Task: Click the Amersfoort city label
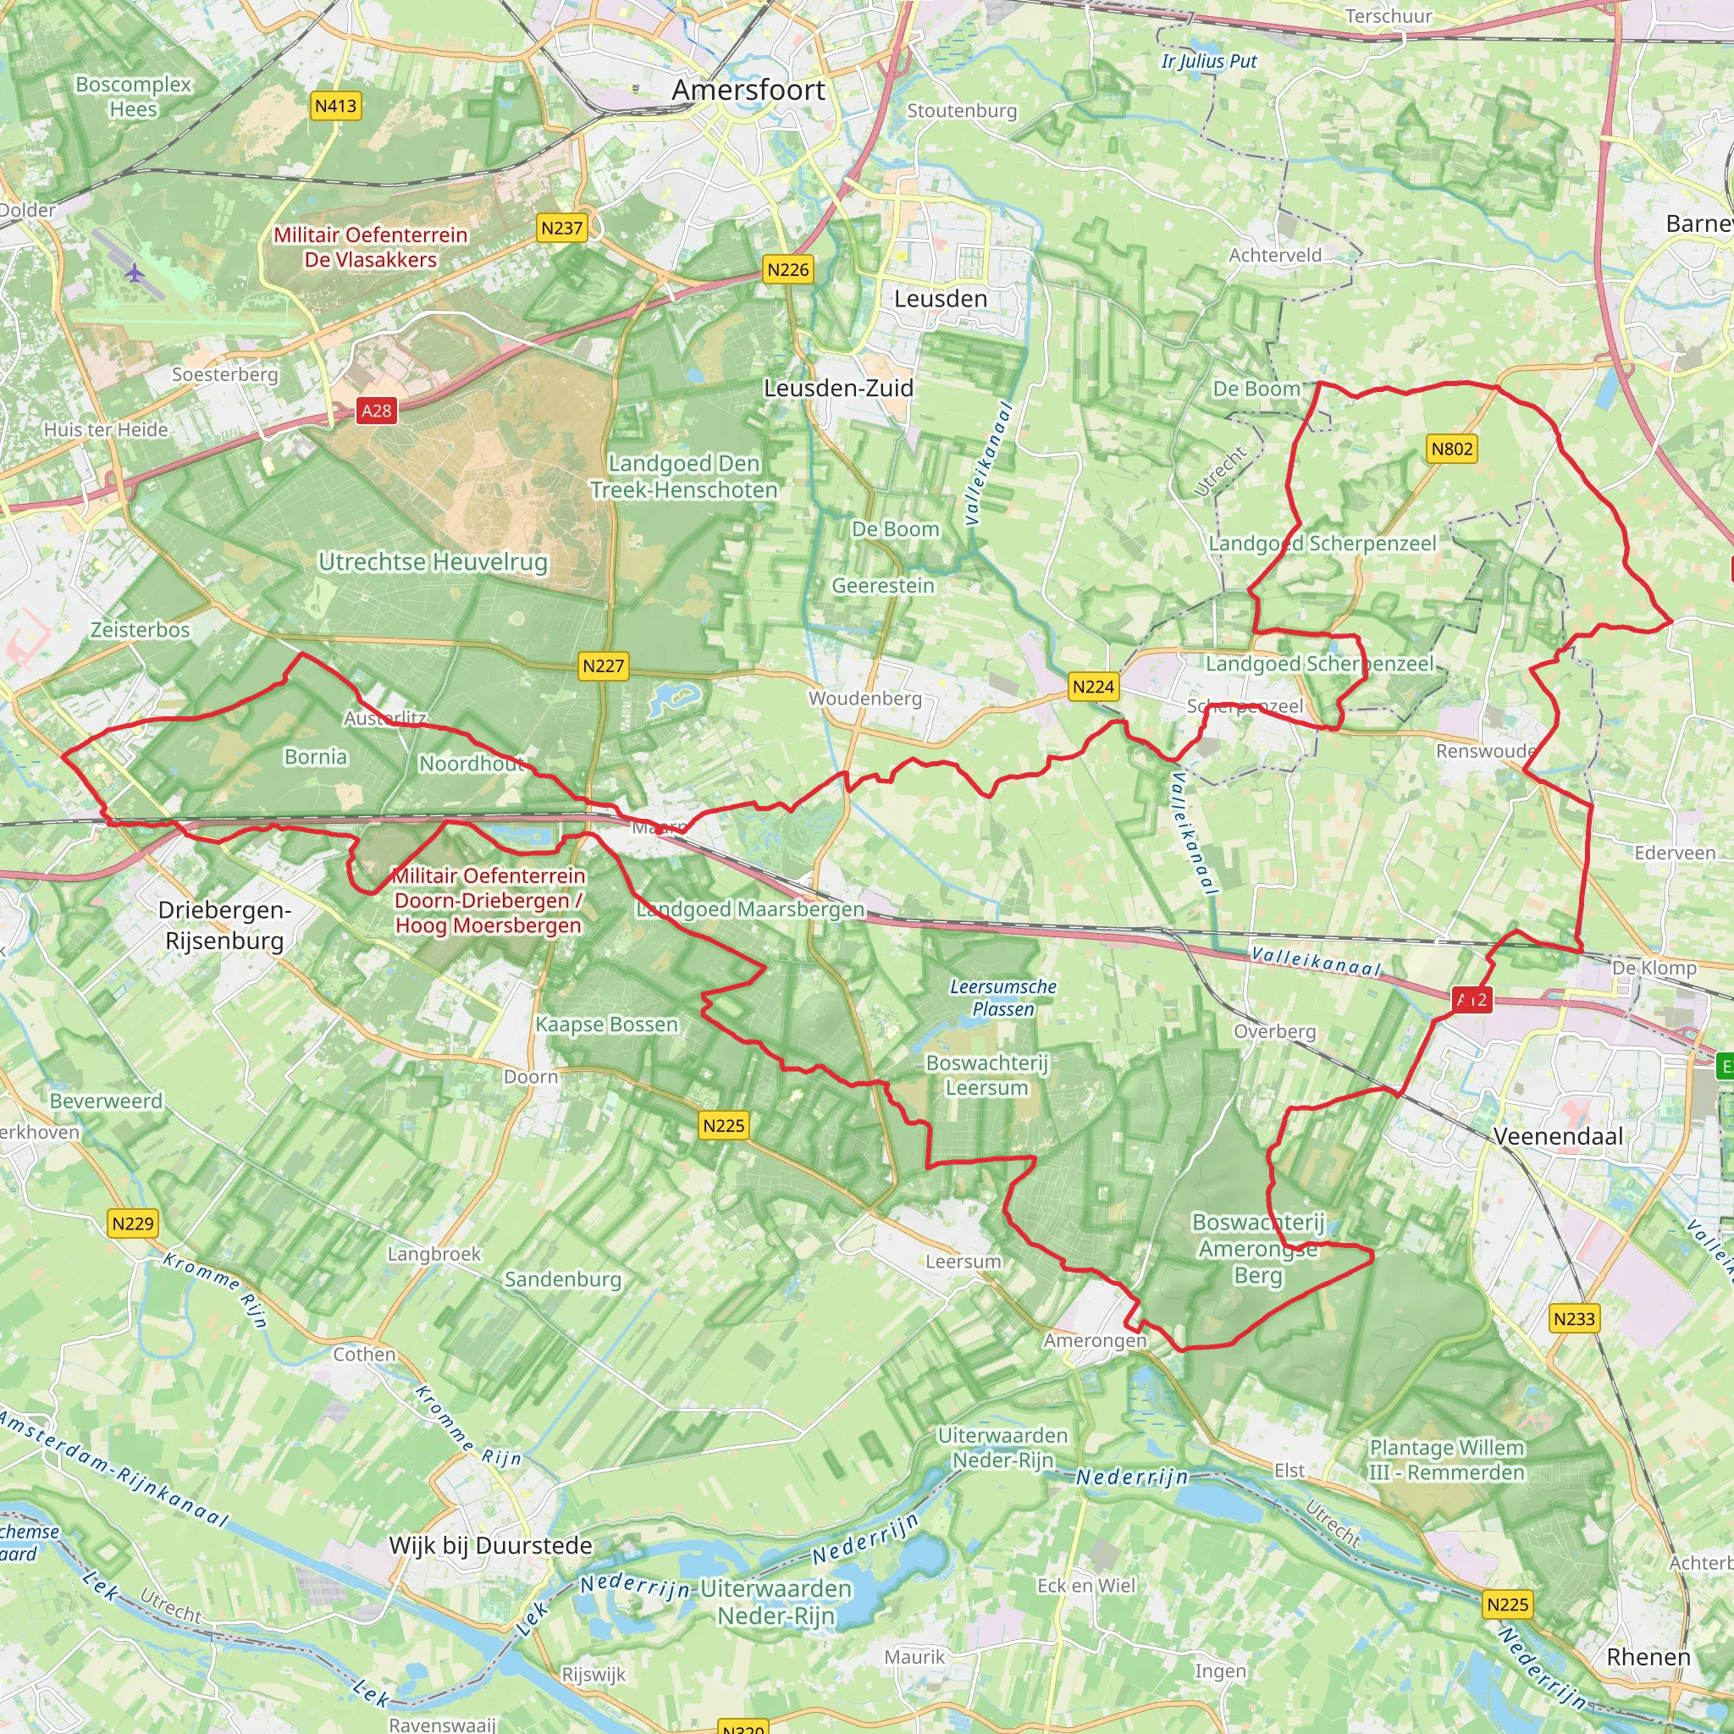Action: click(x=748, y=90)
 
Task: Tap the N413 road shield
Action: click(x=335, y=106)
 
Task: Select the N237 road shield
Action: click(x=562, y=228)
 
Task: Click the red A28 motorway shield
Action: click(x=376, y=411)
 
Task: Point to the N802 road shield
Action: click(x=1451, y=449)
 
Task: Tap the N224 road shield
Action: click(x=1093, y=687)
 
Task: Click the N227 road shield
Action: click(x=602, y=666)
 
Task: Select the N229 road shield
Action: click(x=133, y=1223)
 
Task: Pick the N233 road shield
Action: click(x=1574, y=1318)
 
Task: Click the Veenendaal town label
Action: click(x=1558, y=1136)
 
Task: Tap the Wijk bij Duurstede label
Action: click(x=490, y=1545)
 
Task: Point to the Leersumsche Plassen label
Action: click(x=1002, y=998)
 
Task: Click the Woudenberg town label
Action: click(x=865, y=699)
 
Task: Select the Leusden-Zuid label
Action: click(x=838, y=388)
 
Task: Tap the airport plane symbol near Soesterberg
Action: click(x=135, y=273)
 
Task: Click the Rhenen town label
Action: click(x=1648, y=1657)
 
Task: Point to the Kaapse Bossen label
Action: click(x=607, y=1024)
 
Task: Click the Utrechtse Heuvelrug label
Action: click(x=433, y=562)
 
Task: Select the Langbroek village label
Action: click(x=434, y=1254)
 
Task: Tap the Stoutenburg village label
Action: click(x=961, y=110)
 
